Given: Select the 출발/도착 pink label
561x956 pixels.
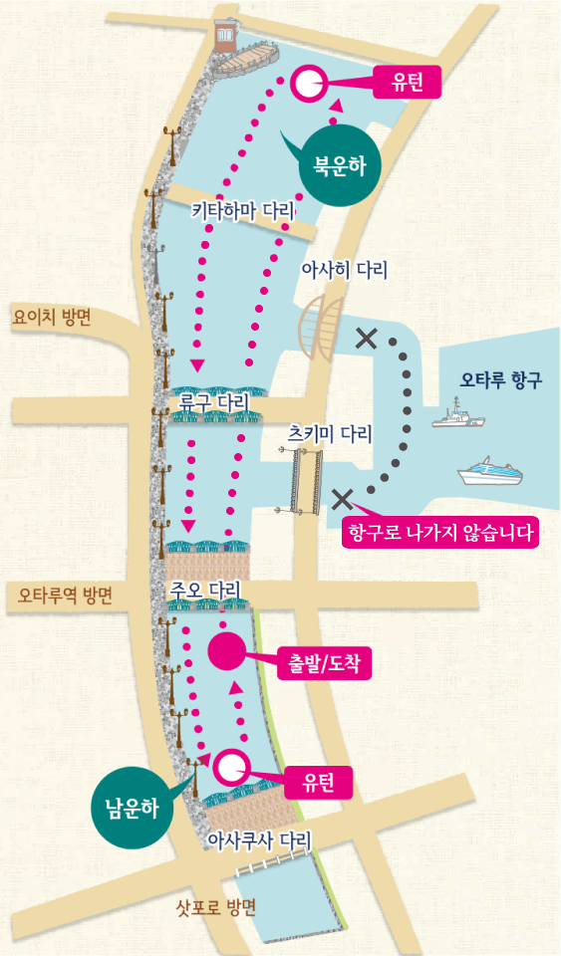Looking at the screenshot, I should pyautogui.click(x=320, y=662).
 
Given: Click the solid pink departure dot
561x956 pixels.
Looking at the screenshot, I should pyautogui.click(x=225, y=650).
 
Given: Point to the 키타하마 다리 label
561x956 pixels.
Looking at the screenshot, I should pyautogui.click(x=244, y=211).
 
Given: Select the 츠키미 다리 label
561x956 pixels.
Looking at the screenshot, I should pyautogui.click(x=329, y=434).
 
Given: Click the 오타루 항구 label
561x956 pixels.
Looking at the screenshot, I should pyautogui.click(x=501, y=379).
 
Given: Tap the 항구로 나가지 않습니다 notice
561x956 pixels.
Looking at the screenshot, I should pyautogui.click(x=439, y=532).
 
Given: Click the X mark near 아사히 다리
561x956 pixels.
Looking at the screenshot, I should pyautogui.click(x=366, y=339).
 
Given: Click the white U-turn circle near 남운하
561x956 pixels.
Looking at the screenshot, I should pyautogui.click(x=231, y=766).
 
